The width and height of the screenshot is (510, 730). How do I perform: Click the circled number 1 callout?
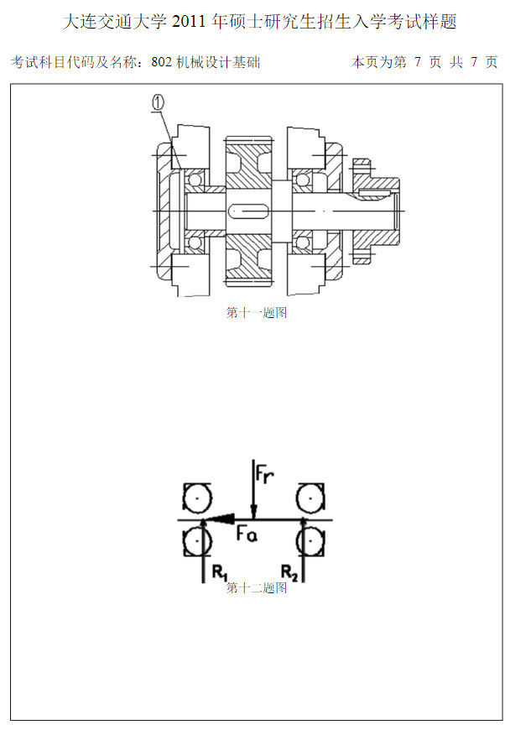(x=159, y=102)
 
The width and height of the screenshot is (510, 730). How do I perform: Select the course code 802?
(x=161, y=62)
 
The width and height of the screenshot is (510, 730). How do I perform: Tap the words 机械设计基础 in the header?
(x=218, y=62)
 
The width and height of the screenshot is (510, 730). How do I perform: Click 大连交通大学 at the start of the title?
(x=114, y=22)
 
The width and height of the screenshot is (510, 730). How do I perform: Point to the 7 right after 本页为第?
(x=418, y=61)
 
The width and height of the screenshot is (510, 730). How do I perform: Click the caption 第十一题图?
(x=257, y=312)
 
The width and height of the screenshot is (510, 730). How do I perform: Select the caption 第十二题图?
(x=257, y=587)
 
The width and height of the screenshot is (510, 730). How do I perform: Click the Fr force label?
(x=264, y=474)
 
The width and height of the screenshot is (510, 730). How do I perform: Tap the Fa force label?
(x=247, y=533)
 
